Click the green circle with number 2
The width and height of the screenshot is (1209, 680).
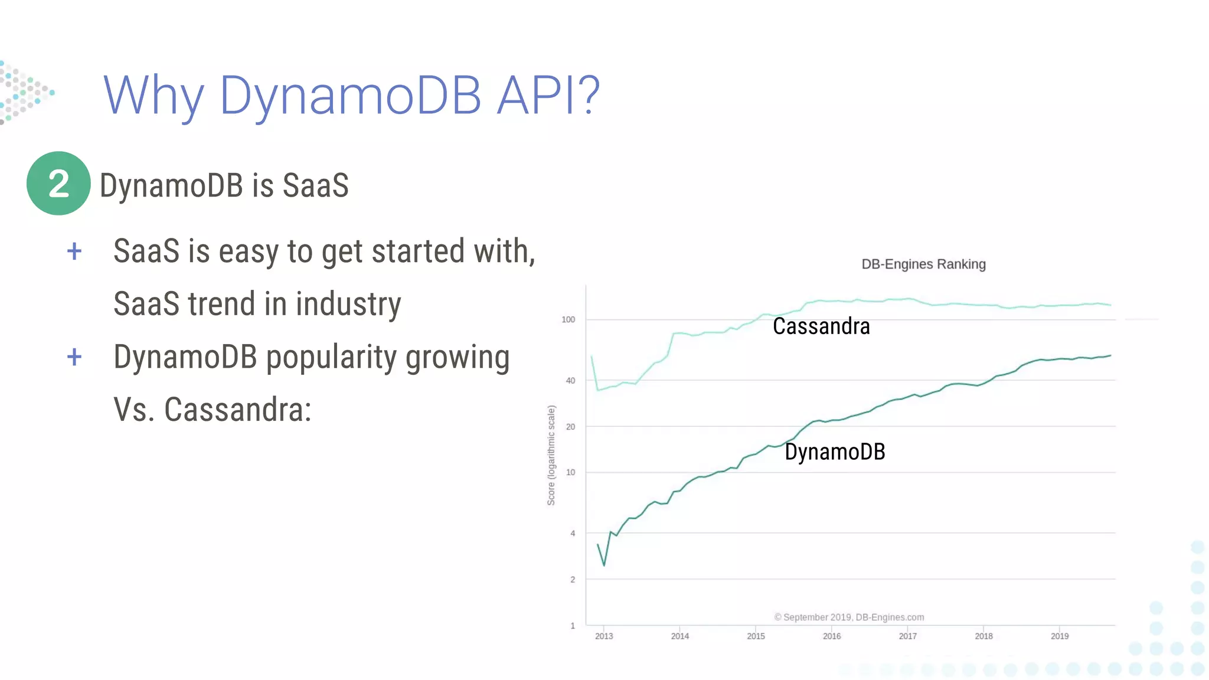pyautogui.click(x=58, y=184)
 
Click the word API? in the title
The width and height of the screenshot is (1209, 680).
pyautogui.click(x=548, y=95)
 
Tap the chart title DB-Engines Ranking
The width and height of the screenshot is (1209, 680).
pyautogui.click(x=923, y=264)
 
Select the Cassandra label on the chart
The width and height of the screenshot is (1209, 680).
pyautogui.click(x=821, y=326)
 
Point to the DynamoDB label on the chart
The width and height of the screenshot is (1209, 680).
pyautogui.click(x=835, y=452)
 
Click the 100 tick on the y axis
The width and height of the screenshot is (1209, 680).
pyautogui.click(x=568, y=319)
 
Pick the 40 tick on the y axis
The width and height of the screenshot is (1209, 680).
pyautogui.click(x=570, y=381)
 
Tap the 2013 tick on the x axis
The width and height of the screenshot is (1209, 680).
pyautogui.click(x=604, y=636)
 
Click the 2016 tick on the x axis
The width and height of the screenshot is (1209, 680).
pyautogui.click(x=832, y=636)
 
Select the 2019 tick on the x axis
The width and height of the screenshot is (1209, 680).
pyautogui.click(x=1060, y=636)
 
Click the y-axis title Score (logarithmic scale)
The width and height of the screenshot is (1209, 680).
pyautogui.click(x=551, y=455)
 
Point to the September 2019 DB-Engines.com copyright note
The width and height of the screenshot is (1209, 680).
pyautogui.click(x=849, y=617)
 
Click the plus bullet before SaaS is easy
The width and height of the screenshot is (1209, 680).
pyautogui.click(x=74, y=252)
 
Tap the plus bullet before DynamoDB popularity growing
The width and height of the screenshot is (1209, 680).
pyautogui.click(x=74, y=357)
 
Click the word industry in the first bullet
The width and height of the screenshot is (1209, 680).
pyautogui.click(x=348, y=304)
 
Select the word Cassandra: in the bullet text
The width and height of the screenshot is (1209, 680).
pyautogui.click(x=237, y=410)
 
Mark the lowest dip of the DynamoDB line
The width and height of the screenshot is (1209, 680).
pyautogui.click(x=604, y=565)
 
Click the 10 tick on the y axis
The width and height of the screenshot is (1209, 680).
pyautogui.click(x=570, y=472)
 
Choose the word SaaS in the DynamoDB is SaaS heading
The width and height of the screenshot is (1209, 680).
pyautogui.click(x=315, y=185)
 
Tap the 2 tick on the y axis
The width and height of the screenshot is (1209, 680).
pyautogui.click(x=572, y=580)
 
